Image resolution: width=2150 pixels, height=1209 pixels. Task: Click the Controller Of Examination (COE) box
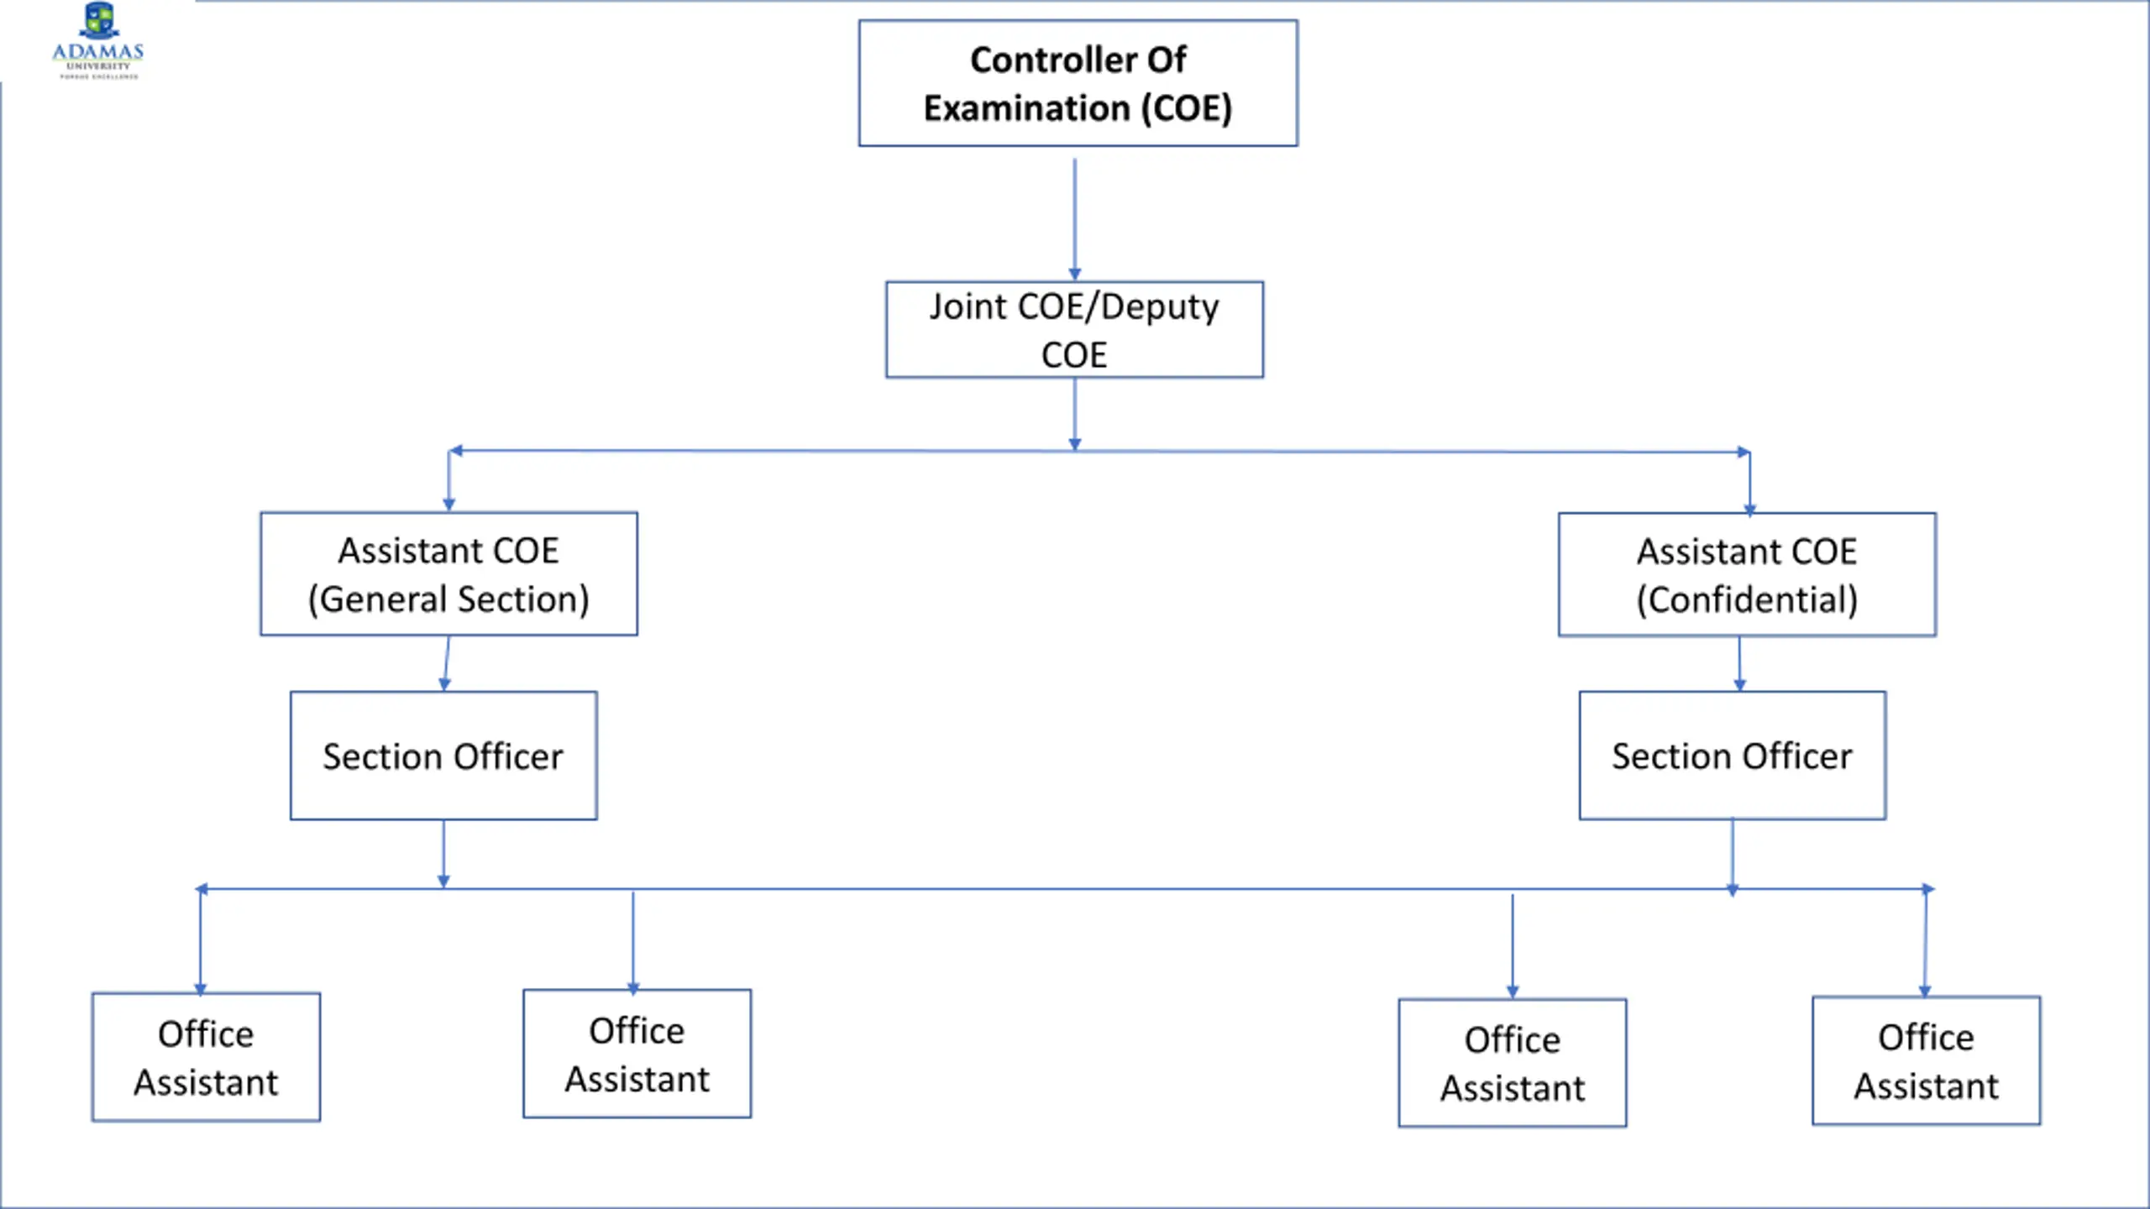coord(1078,83)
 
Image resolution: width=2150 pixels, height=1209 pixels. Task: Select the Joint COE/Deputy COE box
coord(1074,329)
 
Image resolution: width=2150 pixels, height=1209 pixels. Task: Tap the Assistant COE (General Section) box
coord(448,573)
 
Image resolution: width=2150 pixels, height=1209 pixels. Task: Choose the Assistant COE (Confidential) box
coord(1747,574)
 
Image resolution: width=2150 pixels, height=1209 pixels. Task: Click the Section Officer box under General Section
coord(443,756)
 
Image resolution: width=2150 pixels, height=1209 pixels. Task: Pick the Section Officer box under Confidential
coord(1732,756)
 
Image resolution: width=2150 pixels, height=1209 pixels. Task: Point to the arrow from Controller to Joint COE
coord(1074,219)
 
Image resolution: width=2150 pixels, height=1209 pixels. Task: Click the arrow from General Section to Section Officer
coord(446,663)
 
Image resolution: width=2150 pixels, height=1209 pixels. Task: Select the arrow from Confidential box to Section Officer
coord(1739,664)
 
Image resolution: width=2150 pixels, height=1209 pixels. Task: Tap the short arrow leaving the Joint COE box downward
coord(1074,414)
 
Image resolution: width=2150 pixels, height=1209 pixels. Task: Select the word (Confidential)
coord(1747,599)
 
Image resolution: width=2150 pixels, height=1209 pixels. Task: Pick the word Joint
coord(967,306)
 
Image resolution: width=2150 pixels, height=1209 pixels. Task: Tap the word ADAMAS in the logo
coord(98,52)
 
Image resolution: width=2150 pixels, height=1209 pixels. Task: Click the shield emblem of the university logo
coord(99,20)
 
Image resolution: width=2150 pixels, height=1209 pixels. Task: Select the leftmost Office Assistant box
coord(206,1057)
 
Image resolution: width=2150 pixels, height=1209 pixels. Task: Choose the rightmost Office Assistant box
coord(1926,1060)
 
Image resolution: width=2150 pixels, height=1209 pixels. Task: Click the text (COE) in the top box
coord(1186,108)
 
